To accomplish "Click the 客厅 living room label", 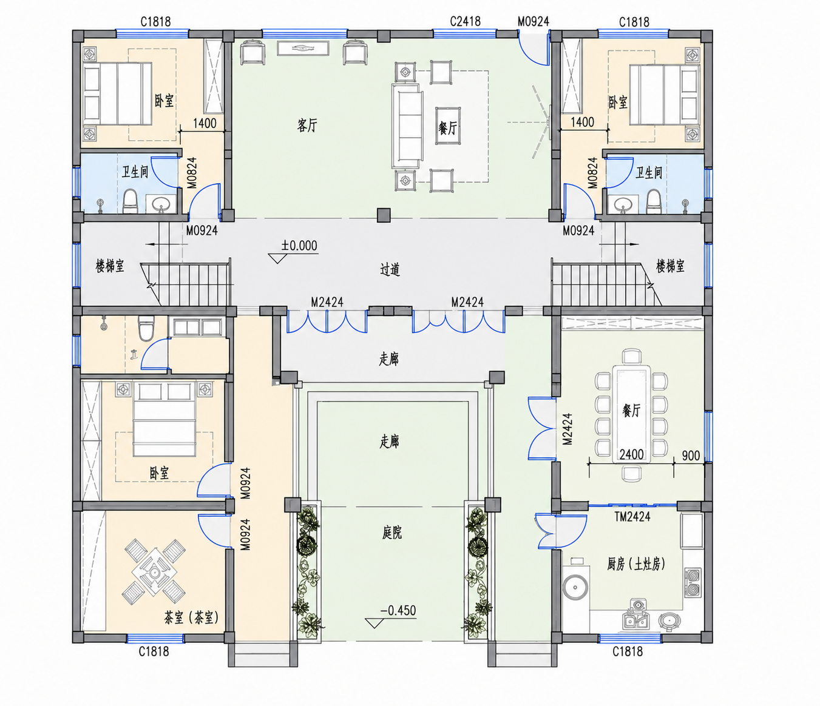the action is [x=307, y=126].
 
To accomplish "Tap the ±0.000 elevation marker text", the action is [x=299, y=246].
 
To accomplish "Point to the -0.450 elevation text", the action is [x=398, y=610].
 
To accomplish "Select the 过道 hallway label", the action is [x=390, y=269].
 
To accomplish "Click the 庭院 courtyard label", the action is [x=391, y=533].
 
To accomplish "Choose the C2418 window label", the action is [x=465, y=21].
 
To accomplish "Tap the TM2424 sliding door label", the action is [x=632, y=517].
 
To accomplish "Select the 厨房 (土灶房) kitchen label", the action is [x=635, y=564].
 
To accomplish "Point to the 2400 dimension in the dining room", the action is [x=631, y=454].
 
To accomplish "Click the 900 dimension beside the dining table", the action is [x=691, y=456].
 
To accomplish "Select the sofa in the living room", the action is [x=407, y=126].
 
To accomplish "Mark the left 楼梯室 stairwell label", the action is [x=109, y=266].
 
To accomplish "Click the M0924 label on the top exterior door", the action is [x=533, y=21].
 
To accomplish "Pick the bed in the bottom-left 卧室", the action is [x=164, y=419].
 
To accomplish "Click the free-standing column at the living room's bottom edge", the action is [x=383, y=215].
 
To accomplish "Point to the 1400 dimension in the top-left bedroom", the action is [x=205, y=123].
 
